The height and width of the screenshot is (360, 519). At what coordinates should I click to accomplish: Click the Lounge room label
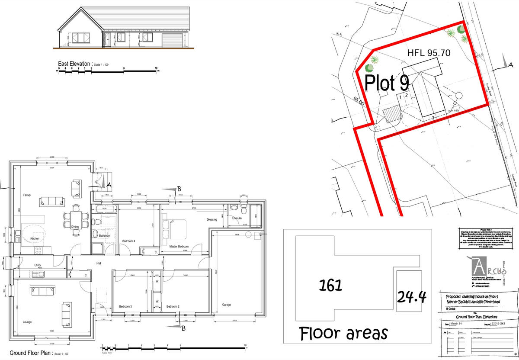tap(27, 322)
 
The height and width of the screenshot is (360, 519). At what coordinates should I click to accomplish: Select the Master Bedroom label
tap(178, 246)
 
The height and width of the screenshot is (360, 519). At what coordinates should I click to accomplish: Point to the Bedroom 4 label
tap(128, 241)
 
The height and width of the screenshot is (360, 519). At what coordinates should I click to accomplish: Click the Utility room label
tap(40, 265)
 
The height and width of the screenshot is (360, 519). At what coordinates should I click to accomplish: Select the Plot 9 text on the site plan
tap(387, 82)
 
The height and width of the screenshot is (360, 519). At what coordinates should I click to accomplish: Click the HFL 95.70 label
tap(429, 53)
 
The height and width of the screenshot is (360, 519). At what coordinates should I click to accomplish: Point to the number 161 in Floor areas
tap(330, 285)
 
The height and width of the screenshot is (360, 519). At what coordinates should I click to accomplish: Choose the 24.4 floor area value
tap(411, 297)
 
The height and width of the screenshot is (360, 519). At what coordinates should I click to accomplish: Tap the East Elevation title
tap(75, 64)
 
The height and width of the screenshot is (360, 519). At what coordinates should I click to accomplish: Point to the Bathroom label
tap(105, 236)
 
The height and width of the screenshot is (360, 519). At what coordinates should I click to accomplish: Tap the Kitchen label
tap(35, 238)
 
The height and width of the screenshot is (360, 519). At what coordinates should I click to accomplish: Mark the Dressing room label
tap(211, 220)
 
